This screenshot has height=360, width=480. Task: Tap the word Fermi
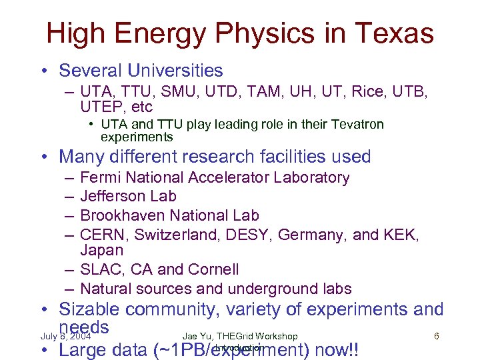click(100, 177)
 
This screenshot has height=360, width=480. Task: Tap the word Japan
click(101, 251)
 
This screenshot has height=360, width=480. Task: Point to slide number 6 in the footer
click(436, 336)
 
